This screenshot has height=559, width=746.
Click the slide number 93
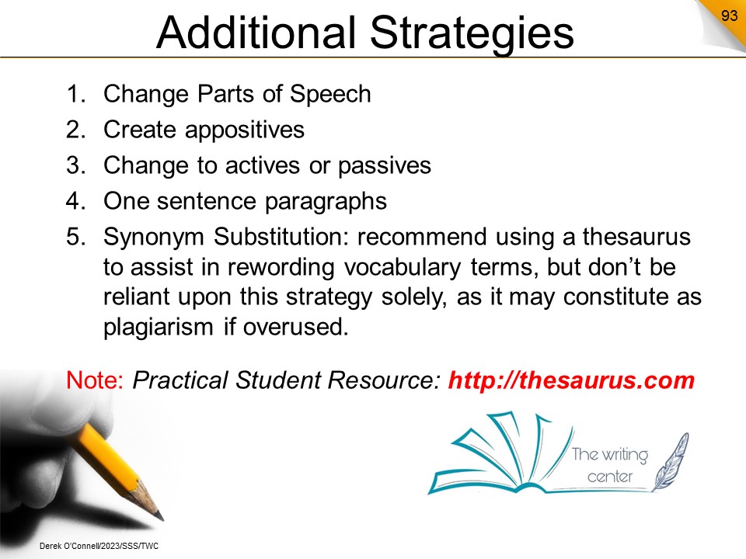[729, 16]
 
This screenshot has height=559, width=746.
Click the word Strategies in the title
[472, 33]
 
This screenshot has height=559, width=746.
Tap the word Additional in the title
[256, 32]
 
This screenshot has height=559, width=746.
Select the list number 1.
[75, 94]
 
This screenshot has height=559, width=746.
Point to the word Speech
[330, 95]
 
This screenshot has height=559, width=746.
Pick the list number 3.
[75, 165]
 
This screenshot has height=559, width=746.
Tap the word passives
[385, 166]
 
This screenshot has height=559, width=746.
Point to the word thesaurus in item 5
[636, 237]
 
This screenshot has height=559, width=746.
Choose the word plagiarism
[158, 328]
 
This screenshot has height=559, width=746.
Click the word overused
[295, 327]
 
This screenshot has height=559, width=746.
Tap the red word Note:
[95, 380]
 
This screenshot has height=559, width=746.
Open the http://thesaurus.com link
[571, 380]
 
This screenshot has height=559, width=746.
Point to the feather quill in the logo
[671, 462]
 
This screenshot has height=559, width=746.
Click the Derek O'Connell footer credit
[99, 546]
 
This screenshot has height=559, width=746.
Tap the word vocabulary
[403, 268]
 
